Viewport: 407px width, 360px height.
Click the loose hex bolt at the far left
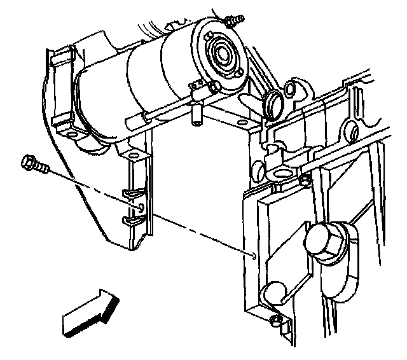32,165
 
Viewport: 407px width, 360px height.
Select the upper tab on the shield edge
132,194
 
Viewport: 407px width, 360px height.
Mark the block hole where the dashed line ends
254,256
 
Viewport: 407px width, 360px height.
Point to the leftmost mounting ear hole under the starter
72,135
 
